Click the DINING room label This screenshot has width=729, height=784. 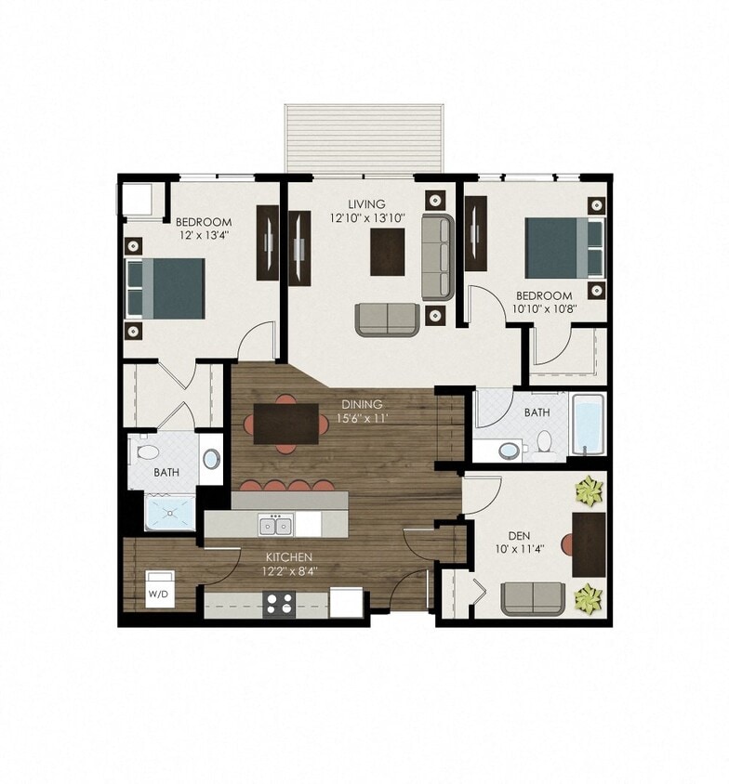point(362,405)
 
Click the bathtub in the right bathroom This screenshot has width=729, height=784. point(587,425)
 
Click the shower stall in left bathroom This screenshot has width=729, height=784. point(171,512)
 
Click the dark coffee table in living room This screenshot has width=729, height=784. point(388,252)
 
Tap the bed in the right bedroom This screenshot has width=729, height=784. point(557,248)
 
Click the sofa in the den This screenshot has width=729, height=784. point(533,599)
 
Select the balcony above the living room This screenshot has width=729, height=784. point(364,137)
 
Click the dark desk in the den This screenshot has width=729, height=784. point(589,544)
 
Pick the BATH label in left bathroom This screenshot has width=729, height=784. point(166,473)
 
